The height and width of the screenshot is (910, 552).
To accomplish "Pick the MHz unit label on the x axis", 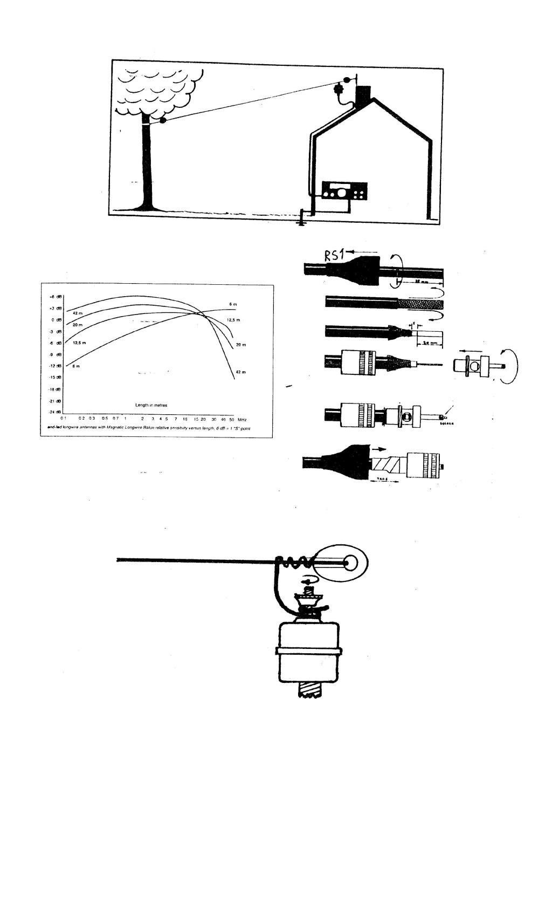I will pos(242,419).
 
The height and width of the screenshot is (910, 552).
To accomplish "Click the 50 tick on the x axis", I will pos(231,419).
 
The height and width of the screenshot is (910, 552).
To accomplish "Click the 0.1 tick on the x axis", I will pos(64,419).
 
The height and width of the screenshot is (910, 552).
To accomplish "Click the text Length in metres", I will pos(151,404).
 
